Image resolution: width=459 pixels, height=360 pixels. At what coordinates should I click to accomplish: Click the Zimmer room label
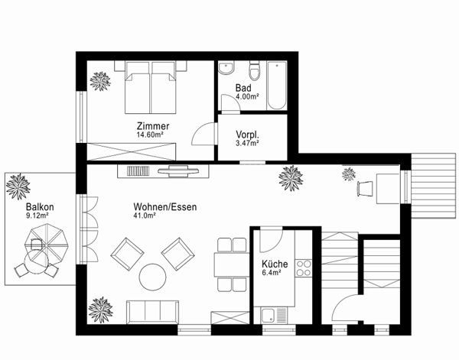(153, 126)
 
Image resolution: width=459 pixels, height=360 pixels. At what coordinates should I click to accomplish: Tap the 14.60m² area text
(151, 135)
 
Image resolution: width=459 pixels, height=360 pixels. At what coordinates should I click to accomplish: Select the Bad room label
(244, 89)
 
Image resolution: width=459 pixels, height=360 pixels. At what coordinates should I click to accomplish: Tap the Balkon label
(38, 207)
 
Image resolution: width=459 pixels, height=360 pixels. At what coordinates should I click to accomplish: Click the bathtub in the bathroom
(276, 85)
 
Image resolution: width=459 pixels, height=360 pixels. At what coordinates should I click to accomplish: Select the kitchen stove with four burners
(303, 268)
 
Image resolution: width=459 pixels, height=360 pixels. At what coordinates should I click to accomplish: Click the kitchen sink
(273, 315)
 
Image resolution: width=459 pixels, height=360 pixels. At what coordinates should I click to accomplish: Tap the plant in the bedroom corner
(99, 80)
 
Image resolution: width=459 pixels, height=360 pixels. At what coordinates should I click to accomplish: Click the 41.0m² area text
(145, 216)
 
